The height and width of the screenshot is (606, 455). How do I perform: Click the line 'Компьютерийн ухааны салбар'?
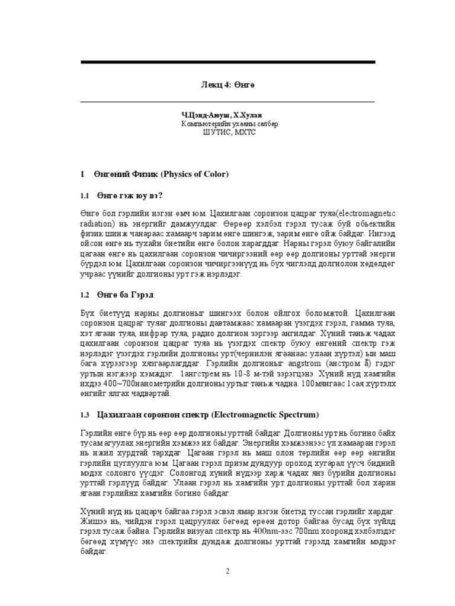pyautogui.click(x=229, y=124)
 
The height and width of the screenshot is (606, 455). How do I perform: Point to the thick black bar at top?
pyautogui.click(x=227, y=62)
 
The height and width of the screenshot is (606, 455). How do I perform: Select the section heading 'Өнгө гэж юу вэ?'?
pyautogui.click(x=127, y=196)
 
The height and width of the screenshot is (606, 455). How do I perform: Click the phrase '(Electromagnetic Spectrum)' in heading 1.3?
pyautogui.click(x=265, y=414)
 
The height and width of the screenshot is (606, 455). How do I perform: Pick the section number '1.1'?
pyautogui.click(x=85, y=196)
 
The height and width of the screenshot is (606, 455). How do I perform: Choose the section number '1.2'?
pyautogui.click(x=85, y=295)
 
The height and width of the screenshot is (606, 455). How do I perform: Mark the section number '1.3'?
pyautogui.click(x=85, y=414)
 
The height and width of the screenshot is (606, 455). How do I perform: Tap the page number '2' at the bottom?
pyautogui.click(x=227, y=571)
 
